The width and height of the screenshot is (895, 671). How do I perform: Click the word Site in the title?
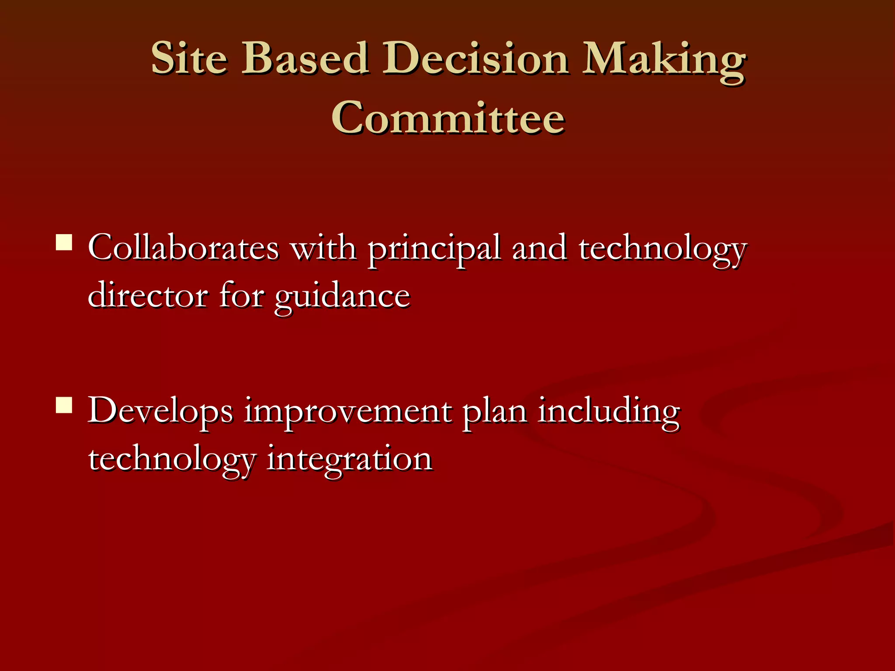click(189, 58)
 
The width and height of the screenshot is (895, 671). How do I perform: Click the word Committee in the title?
click(448, 118)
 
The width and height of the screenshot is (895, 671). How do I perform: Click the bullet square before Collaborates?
click(64, 242)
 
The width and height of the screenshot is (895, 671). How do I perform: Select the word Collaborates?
click(183, 248)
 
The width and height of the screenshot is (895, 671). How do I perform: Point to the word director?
click(148, 296)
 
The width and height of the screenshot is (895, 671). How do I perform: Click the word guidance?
click(342, 297)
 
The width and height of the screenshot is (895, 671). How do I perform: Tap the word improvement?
click(347, 413)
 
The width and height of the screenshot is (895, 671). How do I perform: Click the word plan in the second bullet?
click(494, 413)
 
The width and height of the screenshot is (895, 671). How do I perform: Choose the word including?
click(608, 412)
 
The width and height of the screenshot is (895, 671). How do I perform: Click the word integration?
click(349, 460)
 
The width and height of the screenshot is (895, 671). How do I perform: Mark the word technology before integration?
click(172, 461)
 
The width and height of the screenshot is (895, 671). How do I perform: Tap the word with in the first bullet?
click(323, 248)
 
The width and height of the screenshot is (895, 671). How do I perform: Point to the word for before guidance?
click(241, 296)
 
